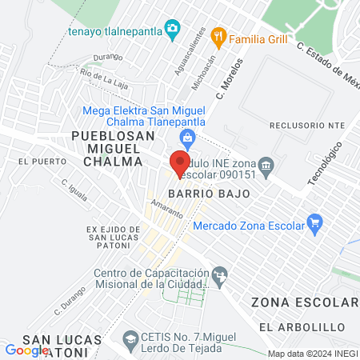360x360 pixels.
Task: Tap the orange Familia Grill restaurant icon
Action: click(x=218, y=37)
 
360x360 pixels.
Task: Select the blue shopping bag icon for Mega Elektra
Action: click(x=187, y=138)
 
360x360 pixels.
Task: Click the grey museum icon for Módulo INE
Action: click(x=267, y=166)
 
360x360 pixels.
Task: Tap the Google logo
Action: click(x=27, y=350)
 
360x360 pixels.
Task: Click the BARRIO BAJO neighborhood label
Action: click(x=210, y=194)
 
